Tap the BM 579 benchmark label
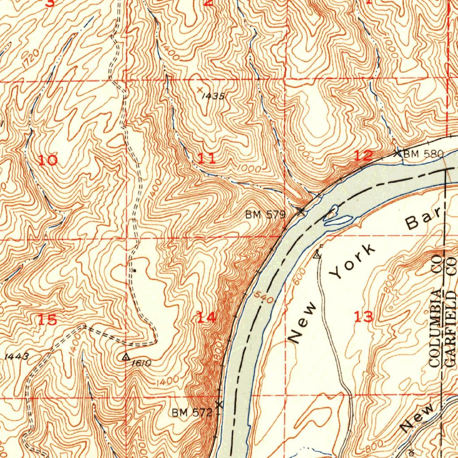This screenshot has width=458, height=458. coord(265,215)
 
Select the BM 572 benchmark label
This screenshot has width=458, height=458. coord(192,412)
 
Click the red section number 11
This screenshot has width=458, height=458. coord(206,158)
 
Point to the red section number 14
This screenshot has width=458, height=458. coord(207,318)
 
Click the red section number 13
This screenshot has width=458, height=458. coord(363,317)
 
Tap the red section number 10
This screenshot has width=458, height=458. coord(47,160)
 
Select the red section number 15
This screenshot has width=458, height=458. coord(47,320)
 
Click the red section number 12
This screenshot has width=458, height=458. coord(363,156)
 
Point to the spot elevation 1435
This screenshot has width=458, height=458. coord(211,96)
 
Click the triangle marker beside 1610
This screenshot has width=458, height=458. coord(126,357)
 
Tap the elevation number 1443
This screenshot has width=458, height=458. coord(17,356)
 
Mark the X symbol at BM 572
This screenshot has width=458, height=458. coord(219,405)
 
